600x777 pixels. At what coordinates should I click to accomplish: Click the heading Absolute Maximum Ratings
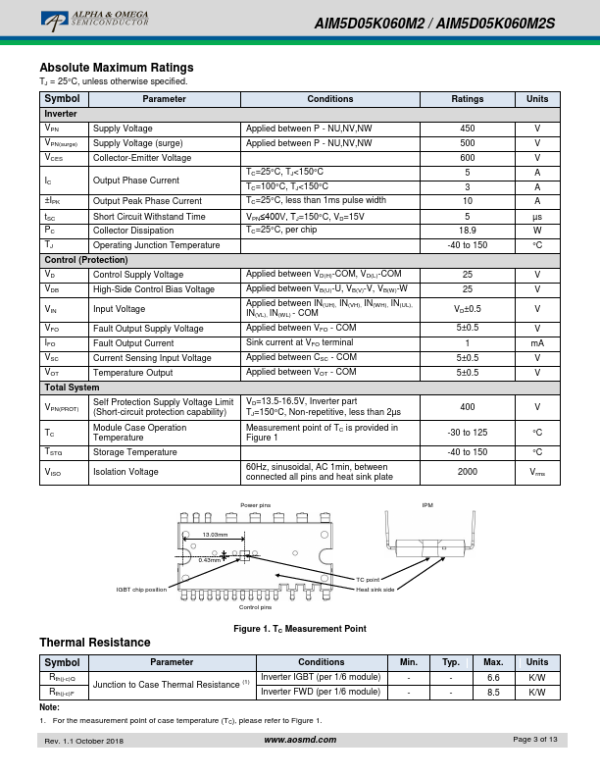pyautogui.click(x=116, y=68)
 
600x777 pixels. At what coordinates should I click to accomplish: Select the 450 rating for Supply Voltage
pyautogui.click(x=468, y=129)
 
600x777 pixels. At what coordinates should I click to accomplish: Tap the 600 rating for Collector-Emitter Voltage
pyautogui.click(x=468, y=157)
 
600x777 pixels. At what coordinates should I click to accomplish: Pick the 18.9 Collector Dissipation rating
pyautogui.click(x=468, y=230)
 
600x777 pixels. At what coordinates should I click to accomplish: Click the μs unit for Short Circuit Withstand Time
pyautogui.click(x=537, y=216)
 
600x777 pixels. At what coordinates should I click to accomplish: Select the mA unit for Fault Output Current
pyautogui.click(x=537, y=343)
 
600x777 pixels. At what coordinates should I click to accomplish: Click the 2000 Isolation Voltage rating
pyautogui.click(x=468, y=472)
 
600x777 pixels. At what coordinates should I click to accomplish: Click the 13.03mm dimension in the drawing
pyautogui.click(x=215, y=535)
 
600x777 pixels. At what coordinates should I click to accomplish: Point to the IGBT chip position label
pyautogui.click(x=142, y=589)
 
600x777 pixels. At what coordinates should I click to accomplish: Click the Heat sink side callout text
pyautogui.click(x=375, y=590)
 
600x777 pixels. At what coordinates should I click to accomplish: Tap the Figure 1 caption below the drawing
pyautogui.click(x=299, y=628)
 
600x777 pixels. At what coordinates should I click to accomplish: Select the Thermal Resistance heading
pyautogui.click(x=95, y=643)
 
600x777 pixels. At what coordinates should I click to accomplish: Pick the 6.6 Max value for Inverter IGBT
pyautogui.click(x=494, y=677)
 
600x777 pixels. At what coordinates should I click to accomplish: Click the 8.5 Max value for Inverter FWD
pyautogui.click(x=494, y=692)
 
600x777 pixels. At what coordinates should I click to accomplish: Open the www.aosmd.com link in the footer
pyautogui.click(x=300, y=739)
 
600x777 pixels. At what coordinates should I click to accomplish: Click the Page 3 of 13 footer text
pyautogui.click(x=535, y=739)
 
